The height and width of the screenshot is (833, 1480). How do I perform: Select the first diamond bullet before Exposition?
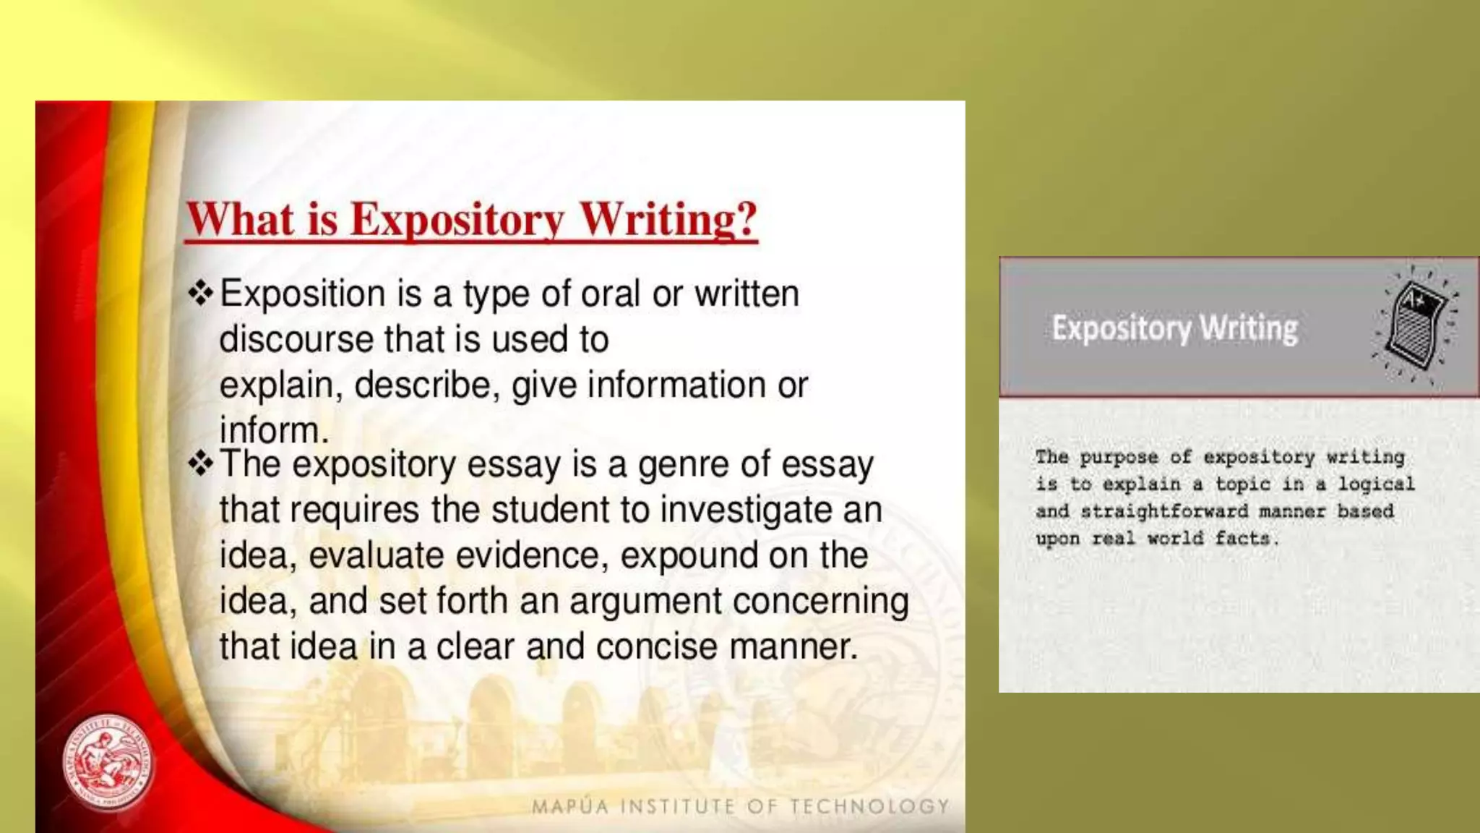(200, 293)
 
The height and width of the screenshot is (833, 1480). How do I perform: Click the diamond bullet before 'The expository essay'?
(200, 464)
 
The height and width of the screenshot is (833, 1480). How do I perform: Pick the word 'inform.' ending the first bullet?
(274, 430)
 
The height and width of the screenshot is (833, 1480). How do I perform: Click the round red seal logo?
(108, 762)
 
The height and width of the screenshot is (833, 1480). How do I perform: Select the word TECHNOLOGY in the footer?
(869, 806)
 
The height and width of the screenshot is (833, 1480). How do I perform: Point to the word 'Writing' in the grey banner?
(1249, 328)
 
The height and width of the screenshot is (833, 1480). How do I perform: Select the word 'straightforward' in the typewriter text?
(1164, 511)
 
